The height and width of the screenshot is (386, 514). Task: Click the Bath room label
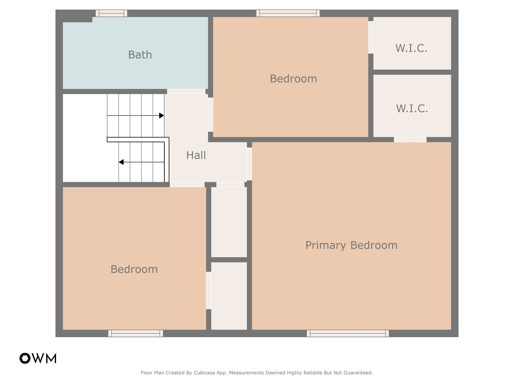(x=140, y=55)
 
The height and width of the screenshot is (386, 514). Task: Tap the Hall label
(x=196, y=155)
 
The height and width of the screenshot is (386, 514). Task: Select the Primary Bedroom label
(x=351, y=245)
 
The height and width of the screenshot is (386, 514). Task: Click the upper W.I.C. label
(x=411, y=48)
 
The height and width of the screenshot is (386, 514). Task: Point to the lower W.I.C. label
(x=412, y=109)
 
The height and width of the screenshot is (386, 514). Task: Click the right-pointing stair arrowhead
(x=162, y=116)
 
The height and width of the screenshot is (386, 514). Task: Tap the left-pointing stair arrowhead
(x=121, y=162)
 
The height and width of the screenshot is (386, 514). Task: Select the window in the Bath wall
(x=111, y=13)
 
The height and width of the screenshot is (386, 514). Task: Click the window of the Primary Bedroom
(x=348, y=333)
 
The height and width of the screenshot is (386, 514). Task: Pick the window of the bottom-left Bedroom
(x=136, y=333)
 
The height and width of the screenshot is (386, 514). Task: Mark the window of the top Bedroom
(x=288, y=13)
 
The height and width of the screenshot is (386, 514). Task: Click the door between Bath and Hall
(x=186, y=91)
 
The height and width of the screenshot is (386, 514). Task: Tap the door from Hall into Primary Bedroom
(x=249, y=164)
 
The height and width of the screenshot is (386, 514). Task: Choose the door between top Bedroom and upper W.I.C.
(x=371, y=37)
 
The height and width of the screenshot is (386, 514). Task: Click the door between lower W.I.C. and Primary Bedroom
(x=410, y=140)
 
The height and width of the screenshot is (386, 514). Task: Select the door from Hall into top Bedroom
(x=211, y=115)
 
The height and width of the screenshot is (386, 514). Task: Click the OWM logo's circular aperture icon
(x=25, y=358)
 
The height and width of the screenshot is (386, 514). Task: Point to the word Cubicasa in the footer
(x=204, y=373)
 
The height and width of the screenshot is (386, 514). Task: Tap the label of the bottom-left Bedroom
(x=134, y=269)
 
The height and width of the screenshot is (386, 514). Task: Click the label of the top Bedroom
(x=293, y=79)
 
